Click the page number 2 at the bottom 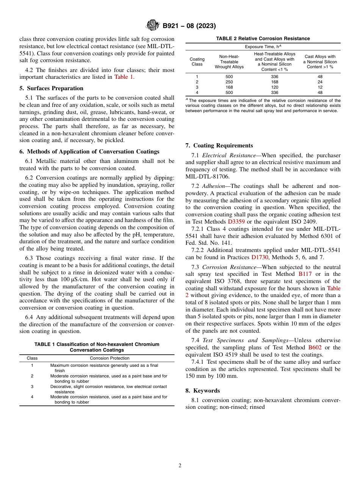click(180, 466)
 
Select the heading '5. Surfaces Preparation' click(51, 88)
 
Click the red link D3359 click(236, 221)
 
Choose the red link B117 click(305, 274)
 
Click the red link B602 click(315, 347)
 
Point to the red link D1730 click(259, 257)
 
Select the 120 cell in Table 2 click(274, 87)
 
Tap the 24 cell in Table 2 click(320, 82)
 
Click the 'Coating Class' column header click(197, 62)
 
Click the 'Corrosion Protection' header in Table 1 click(110, 358)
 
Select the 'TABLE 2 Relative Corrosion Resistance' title click(263, 39)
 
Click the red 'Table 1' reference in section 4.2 click(124, 77)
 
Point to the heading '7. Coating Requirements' click(219, 146)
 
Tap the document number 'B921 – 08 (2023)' click(189, 26)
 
